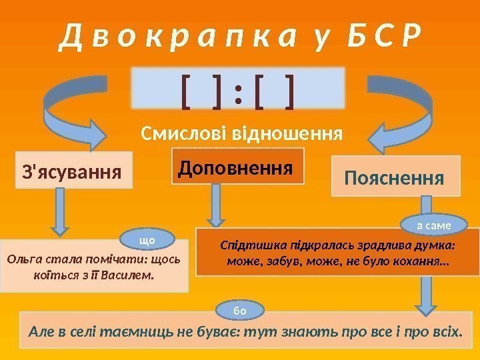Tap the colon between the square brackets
click(x=237, y=93)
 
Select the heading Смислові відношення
click(x=242, y=133)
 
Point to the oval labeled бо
click(x=242, y=309)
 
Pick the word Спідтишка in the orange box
click(x=249, y=245)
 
